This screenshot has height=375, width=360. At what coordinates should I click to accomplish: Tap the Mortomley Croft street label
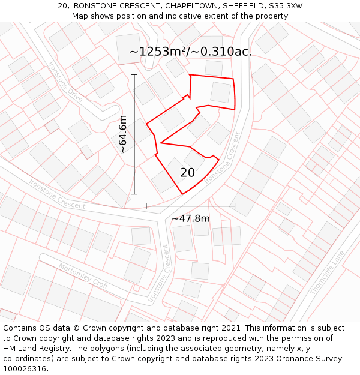[83, 275]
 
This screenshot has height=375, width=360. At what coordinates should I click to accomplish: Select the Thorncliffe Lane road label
[328, 272]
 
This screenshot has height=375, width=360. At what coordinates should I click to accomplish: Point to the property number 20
[187, 173]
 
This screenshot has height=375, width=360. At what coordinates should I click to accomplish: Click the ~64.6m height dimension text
[122, 134]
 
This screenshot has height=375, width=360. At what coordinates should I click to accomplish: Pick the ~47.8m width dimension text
[191, 218]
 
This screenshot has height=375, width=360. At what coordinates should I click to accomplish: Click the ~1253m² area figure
[159, 52]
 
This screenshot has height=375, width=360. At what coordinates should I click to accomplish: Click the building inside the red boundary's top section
[221, 92]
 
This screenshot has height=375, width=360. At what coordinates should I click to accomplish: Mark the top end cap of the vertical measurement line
[134, 74]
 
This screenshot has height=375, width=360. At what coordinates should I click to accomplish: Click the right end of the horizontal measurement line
[235, 206]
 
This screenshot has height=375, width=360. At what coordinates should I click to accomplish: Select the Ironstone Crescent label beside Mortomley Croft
[158, 273]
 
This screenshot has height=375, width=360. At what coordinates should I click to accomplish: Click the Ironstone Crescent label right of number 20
[223, 158]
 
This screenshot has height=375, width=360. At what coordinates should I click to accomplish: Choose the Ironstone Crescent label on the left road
[56, 193]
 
